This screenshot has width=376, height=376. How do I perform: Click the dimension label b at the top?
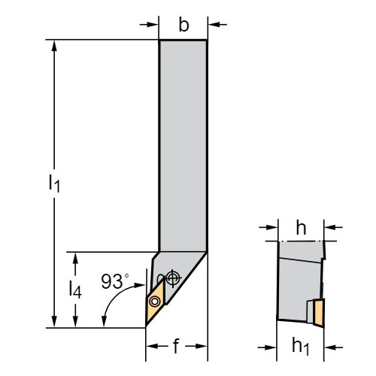tap(183, 25)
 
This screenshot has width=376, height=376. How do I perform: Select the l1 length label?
tap(54, 183)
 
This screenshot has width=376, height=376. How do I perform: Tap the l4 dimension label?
tap(75, 290)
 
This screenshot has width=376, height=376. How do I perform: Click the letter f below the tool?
tap(177, 346)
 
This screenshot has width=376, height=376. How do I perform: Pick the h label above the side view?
tap(301, 228)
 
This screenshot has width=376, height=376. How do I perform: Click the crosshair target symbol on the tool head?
tap(173, 277)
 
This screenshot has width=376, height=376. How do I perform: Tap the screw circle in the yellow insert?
tap(154, 301)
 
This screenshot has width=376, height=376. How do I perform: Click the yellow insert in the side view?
tap(319, 313)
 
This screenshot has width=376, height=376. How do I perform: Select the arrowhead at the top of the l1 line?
tap(54, 46)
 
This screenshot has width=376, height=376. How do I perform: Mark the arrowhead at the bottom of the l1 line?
tap(54, 321)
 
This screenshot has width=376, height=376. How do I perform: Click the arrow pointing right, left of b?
tap(149, 25)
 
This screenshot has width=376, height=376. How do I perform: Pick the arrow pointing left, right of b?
tap(217, 25)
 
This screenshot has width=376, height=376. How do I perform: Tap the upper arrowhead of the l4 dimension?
tap(75, 258)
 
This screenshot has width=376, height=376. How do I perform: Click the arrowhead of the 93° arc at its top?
tap(139, 285)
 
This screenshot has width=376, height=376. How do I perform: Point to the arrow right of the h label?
tap(333, 228)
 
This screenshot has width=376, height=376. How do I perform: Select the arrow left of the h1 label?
tap(267, 347)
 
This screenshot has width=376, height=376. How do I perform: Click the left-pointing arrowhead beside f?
tap(152, 346)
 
